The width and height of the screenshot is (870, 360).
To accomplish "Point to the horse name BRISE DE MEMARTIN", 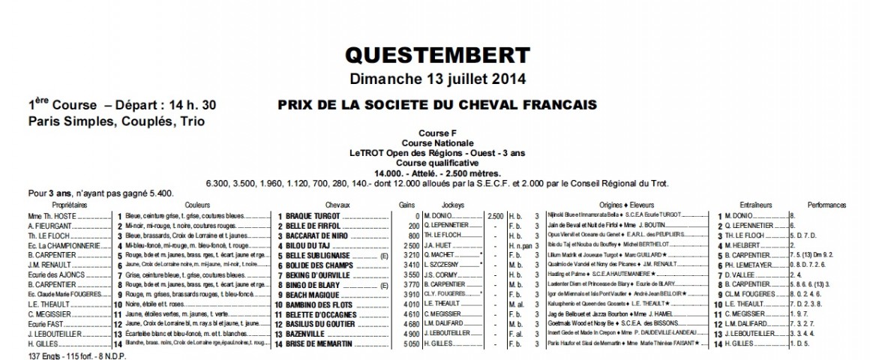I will pos(320,344).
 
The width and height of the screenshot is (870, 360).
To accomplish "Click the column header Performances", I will pos(826,204).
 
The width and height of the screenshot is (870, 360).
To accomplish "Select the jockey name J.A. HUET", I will pos(437,244).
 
